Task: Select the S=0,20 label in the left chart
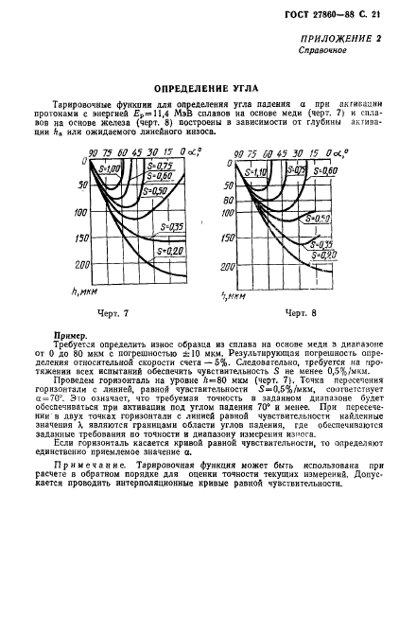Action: pyautogui.click(x=172, y=250)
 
